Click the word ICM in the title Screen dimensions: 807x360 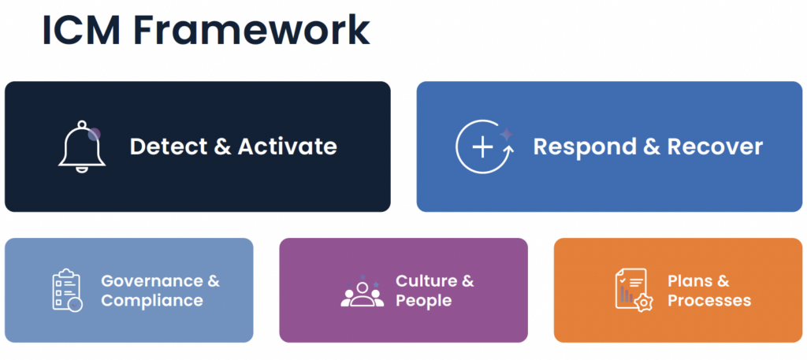coord(81,31)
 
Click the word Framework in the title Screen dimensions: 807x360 coord(251,31)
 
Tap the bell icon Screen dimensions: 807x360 coord(81,147)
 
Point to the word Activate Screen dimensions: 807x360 coord(287,147)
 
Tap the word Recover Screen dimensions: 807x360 coord(716,147)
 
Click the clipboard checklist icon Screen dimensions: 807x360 coord(68,290)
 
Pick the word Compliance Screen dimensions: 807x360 coord(152,300)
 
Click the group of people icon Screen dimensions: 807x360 coord(363,291)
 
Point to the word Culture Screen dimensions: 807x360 coord(426,280)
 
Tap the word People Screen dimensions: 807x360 coord(423,300)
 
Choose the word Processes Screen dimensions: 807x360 coord(709,300)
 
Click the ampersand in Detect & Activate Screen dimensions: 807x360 coord(221,147)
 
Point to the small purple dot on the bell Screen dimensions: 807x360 coord(94,135)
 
